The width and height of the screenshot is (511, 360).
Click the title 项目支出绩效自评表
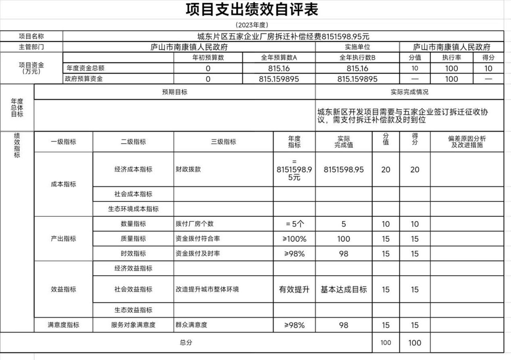(252, 10)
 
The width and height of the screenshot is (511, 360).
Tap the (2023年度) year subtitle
(252, 25)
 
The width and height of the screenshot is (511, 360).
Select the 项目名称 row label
(31, 36)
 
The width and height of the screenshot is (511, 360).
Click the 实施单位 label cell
(357, 47)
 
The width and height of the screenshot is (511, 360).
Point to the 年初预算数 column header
(208, 58)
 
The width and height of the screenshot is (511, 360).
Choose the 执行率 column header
(451, 58)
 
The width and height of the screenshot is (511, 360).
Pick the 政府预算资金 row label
(84, 79)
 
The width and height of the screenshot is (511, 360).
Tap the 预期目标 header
(175, 92)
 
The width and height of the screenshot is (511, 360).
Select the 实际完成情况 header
(409, 92)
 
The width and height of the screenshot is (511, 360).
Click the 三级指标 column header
(223, 142)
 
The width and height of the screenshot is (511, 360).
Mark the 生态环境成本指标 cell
(133, 209)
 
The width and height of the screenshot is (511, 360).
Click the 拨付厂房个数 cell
(194, 224)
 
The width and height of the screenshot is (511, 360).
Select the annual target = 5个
(294, 224)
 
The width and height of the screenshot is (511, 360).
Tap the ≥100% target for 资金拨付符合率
(294, 239)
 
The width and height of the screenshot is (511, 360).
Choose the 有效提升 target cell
(294, 289)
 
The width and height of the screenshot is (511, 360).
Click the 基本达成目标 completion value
(343, 289)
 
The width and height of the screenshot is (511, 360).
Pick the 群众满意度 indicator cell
(191, 325)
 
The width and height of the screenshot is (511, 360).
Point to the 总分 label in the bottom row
(186, 342)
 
